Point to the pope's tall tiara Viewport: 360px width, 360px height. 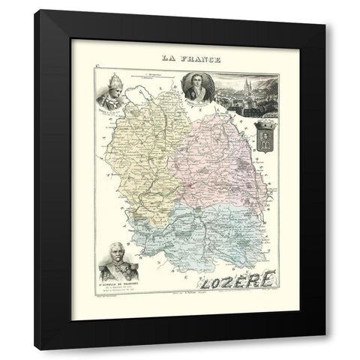[108, 82]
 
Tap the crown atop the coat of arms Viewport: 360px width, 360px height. [265, 125]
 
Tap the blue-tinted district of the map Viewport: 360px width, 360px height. [202, 232]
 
